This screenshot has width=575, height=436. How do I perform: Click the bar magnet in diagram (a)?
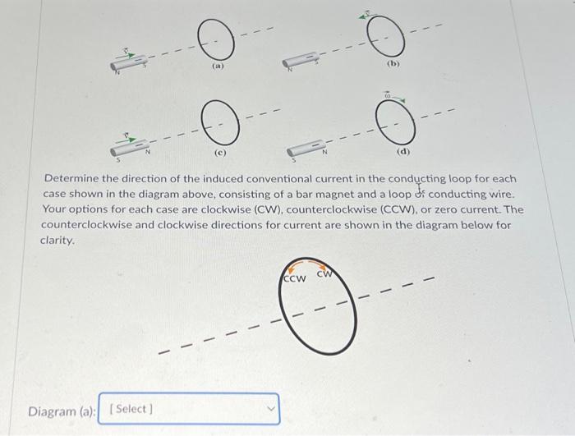click(x=130, y=62)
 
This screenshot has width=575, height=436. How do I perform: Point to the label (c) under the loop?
click(x=220, y=151)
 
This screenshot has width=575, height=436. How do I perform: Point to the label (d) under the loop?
click(x=403, y=152)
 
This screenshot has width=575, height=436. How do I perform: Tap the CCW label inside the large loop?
click(x=294, y=278)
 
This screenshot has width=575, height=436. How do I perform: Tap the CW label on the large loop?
click(x=325, y=274)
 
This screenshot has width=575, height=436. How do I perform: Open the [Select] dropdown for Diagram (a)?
click(x=189, y=409)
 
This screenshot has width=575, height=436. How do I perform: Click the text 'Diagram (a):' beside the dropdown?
click(x=62, y=409)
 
